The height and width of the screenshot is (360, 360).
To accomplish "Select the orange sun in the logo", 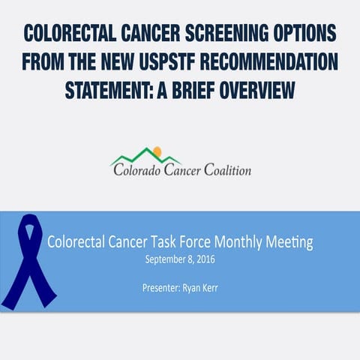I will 155,152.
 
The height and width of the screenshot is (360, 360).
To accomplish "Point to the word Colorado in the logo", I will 140,170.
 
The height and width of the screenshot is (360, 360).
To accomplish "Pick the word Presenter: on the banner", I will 160,286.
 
